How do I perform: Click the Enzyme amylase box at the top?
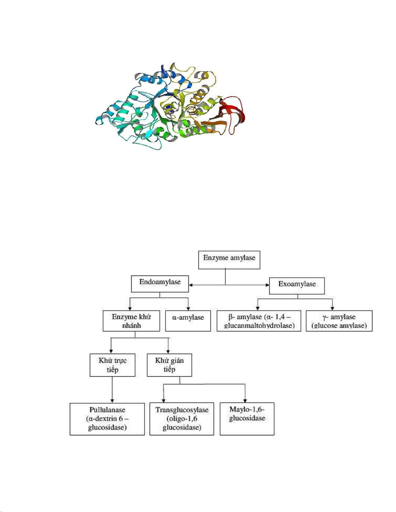pyautogui.click(x=229, y=260)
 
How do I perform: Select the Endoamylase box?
pyautogui.click(x=160, y=284)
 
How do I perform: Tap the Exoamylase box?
pyautogui.click(x=297, y=286)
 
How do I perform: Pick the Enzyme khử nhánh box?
pyautogui.click(x=131, y=321)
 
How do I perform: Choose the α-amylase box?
pyautogui.click(x=188, y=321)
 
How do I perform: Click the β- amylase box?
pyautogui.click(x=259, y=321)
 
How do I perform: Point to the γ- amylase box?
pyautogui.click(x=339, y=321)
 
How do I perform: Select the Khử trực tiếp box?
pyautogui.click(x=112, y=365)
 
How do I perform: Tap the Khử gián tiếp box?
pyautogui.click(x=169, y=365)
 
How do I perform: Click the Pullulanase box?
pyautogui.click(x=107, y=419)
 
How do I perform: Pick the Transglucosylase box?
pyautogui.click(x=182, y=419)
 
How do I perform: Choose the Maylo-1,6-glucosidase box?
pyautogui.click(x=247, y=419)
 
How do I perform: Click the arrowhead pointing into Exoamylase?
pyautogui.click(x=267, y=285)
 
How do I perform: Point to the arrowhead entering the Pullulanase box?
pyautogui.click(x=112, y=401)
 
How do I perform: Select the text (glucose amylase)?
pyautogui.click(x=339, y=326)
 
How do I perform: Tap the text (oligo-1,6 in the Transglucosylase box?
pyautogui.click(x=182, y=419)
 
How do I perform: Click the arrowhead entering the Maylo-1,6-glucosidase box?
pyautogui.click(x=245, y=400)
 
